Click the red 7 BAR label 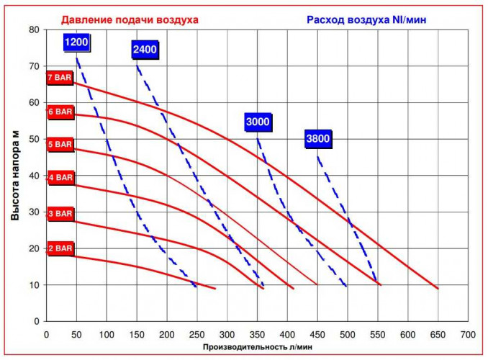[x=60, y=78]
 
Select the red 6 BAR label [x=60, y=112]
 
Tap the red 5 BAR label [x=60, y=144]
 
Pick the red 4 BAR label [x=60, y=177]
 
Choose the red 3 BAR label [x=60, y=213]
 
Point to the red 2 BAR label [x=60, y=248]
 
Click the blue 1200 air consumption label [x=76, y=42]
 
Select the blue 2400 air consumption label [x=145, y=50]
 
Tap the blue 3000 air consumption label [x=258, y=122]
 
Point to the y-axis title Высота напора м [x=15, y=174]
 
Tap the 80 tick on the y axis [x=34, y=30]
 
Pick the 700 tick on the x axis [x=468, y=335]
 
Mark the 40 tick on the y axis [x=34, y=175]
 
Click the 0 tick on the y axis [x=37, y=320]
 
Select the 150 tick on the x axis [x=137, y=335]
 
